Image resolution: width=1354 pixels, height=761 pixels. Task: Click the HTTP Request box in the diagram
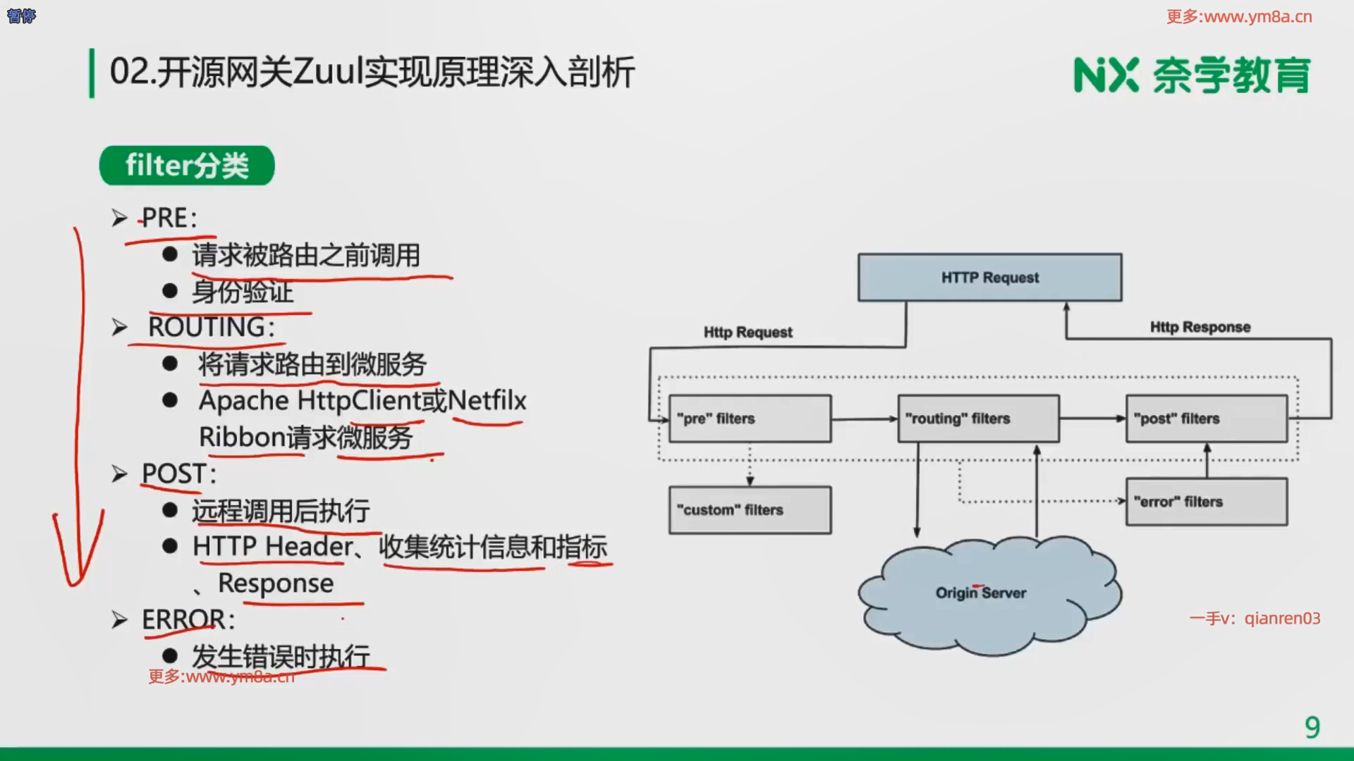pyautogui.click(x=989, y=278)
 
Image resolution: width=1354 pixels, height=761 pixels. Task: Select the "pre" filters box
pyautogui.click(x=750, y=419)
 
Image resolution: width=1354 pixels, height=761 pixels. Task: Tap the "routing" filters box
pyautogui.click(x=978, y=419)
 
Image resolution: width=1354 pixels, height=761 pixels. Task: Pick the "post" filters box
pyautogui.click(x=1206, y=419)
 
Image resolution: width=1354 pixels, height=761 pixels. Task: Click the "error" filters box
pyautogui.click(x=1206, y=502)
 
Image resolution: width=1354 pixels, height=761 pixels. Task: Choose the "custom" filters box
pyautogui.click(x=750, y=509)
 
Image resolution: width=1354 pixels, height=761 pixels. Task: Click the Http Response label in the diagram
pyautogui.click(x=1200, y=327)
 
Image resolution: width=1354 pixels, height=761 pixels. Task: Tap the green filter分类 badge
pyautogui.click(x=187, y=166)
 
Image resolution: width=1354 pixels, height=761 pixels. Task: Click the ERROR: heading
pyautogui.click(x=188, y=619)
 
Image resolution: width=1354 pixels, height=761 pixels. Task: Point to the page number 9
pyautogui.click(x=1312, y=727)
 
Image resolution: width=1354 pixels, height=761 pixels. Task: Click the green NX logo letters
pyautogui.click(x=1105, y=75)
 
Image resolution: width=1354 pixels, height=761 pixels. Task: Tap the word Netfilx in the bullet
pyautogui.click(x=487, y=400)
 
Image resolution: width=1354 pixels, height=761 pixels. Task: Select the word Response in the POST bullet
pyautogui.click(x=276, y=583)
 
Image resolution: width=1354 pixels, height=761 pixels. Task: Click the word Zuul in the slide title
pyautogui.click(x=327, y=72)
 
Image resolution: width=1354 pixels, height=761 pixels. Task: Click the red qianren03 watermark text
pyautogui.click(x=1281, y=619)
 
